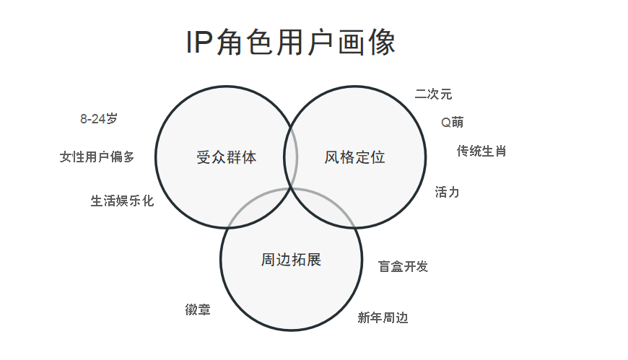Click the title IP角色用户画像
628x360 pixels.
pos(291,43)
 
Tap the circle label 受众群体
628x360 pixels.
pos(226,157)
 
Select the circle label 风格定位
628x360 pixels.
pos(354,157)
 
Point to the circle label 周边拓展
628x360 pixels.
pos(291,260)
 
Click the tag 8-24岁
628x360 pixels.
pos(98,119)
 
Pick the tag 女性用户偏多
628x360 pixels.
pos(97,157)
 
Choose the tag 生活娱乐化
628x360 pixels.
pos(122,201)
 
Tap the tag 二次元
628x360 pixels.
pos(433,94)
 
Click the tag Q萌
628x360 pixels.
pos(453,122)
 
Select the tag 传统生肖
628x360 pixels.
pos(481,151)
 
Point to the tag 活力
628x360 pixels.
pos(447,192)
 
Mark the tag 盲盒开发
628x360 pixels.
pos(404,266)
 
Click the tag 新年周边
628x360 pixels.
pos(383,317)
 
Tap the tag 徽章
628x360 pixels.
pos(198,310)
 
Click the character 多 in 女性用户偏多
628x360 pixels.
pos(128,157)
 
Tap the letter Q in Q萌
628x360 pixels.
pos(446,122)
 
